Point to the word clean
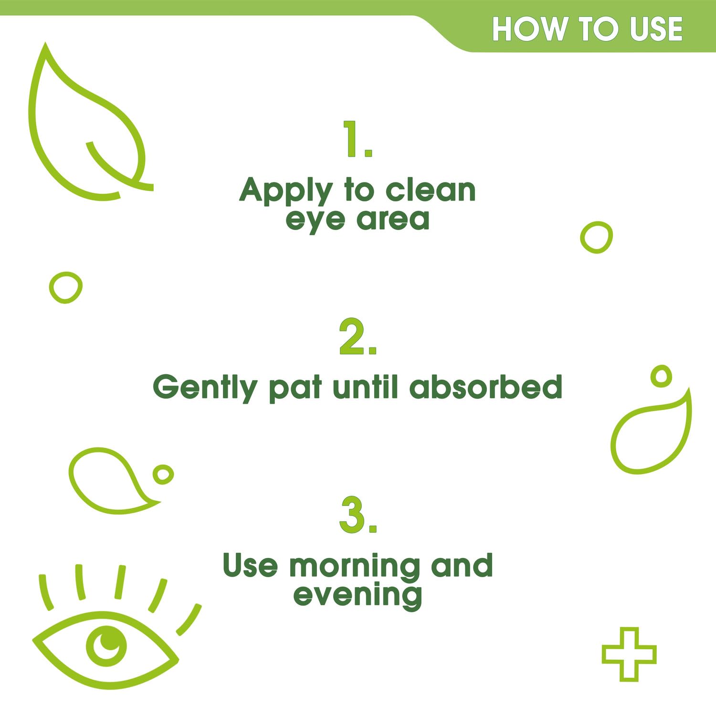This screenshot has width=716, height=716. pos(431,190)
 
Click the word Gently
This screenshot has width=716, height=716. pos(205,388)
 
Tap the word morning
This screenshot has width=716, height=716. pos(355,567)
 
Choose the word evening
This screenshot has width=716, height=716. pos(358,596)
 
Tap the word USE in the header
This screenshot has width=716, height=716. pos(656,29)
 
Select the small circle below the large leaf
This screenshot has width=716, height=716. pos(66,287)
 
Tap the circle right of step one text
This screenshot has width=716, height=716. pos(596,237)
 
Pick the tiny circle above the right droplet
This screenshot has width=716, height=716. pos(661,376)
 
